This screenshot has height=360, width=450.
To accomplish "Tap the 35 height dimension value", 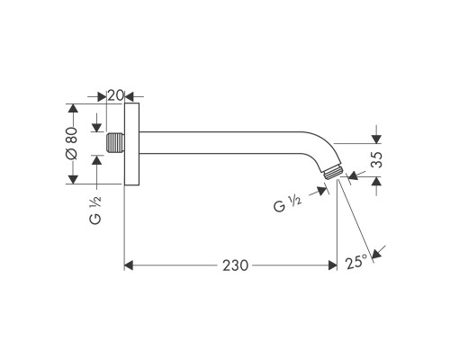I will tap(378, 161).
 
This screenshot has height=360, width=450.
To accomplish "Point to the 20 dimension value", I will tap(114, 94).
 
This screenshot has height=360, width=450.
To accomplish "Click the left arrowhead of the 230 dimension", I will tap(129, 265).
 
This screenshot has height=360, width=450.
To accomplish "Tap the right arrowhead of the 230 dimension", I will tap(331, 265).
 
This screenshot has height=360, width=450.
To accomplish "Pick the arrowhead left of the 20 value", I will tap(100, 94).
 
